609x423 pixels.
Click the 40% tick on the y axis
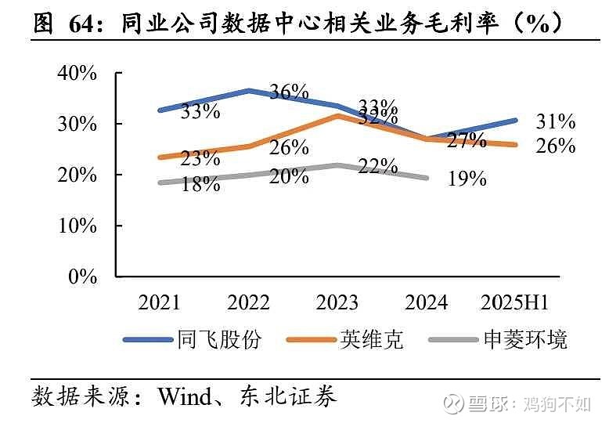point(77,74)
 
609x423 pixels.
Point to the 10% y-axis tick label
point(77,226)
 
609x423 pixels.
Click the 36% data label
point(289,92)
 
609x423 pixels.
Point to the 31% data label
point(556,121)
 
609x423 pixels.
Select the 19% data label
point(467,179)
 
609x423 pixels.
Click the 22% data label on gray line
point(378,166)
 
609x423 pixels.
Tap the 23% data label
point(200,158)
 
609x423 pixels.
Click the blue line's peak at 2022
point(248,91)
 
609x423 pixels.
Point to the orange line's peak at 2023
point(337,116)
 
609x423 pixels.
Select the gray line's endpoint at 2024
point(426,178)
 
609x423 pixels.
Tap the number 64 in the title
point(88,24)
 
